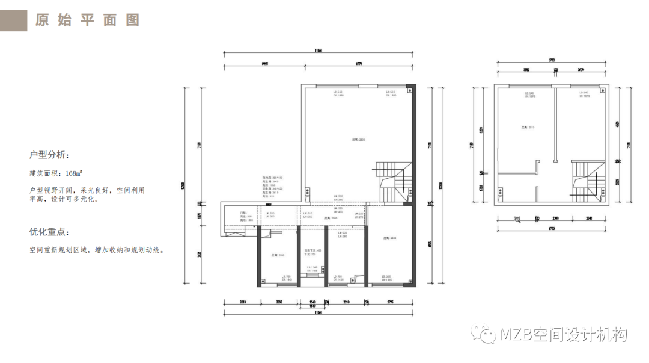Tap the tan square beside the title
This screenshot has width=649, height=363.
pyautogui.click(x=13, y=20)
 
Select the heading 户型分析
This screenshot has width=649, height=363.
pyautogui.click(x=49, y=155)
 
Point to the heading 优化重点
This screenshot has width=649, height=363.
pyautogui.click(x=49, y=232)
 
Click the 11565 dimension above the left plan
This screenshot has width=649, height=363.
pyautogui.click(x=318, y=51)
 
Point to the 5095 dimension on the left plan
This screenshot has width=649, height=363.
pyautogui.click(x=264, y=63)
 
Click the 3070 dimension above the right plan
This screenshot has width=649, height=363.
pyautogui.click(x=580, y=70)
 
